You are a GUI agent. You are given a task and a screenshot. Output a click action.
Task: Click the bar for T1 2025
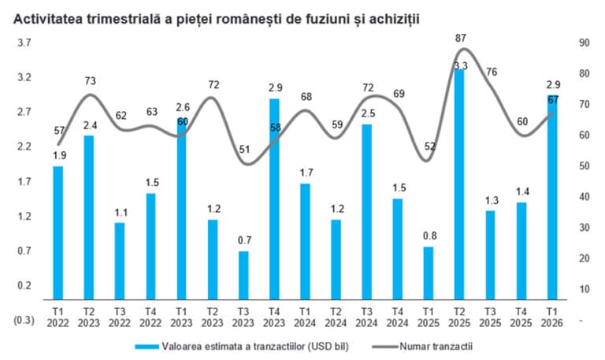pyautogui.click(x=428, y=271)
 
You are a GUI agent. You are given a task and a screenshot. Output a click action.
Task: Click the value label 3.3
pyautogui.click(x=461, y=65)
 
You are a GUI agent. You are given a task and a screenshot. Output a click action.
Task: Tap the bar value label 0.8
pyautogui.click(x=428, y=235)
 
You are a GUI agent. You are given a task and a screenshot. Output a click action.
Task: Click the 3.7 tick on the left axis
pyautogui.click(x=24, y=43)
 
